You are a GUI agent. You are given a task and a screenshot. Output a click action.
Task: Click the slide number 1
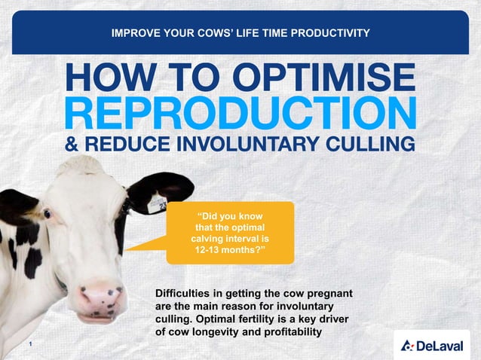(28, 344)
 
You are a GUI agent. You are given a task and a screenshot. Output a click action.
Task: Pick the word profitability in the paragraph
(284, 331)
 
